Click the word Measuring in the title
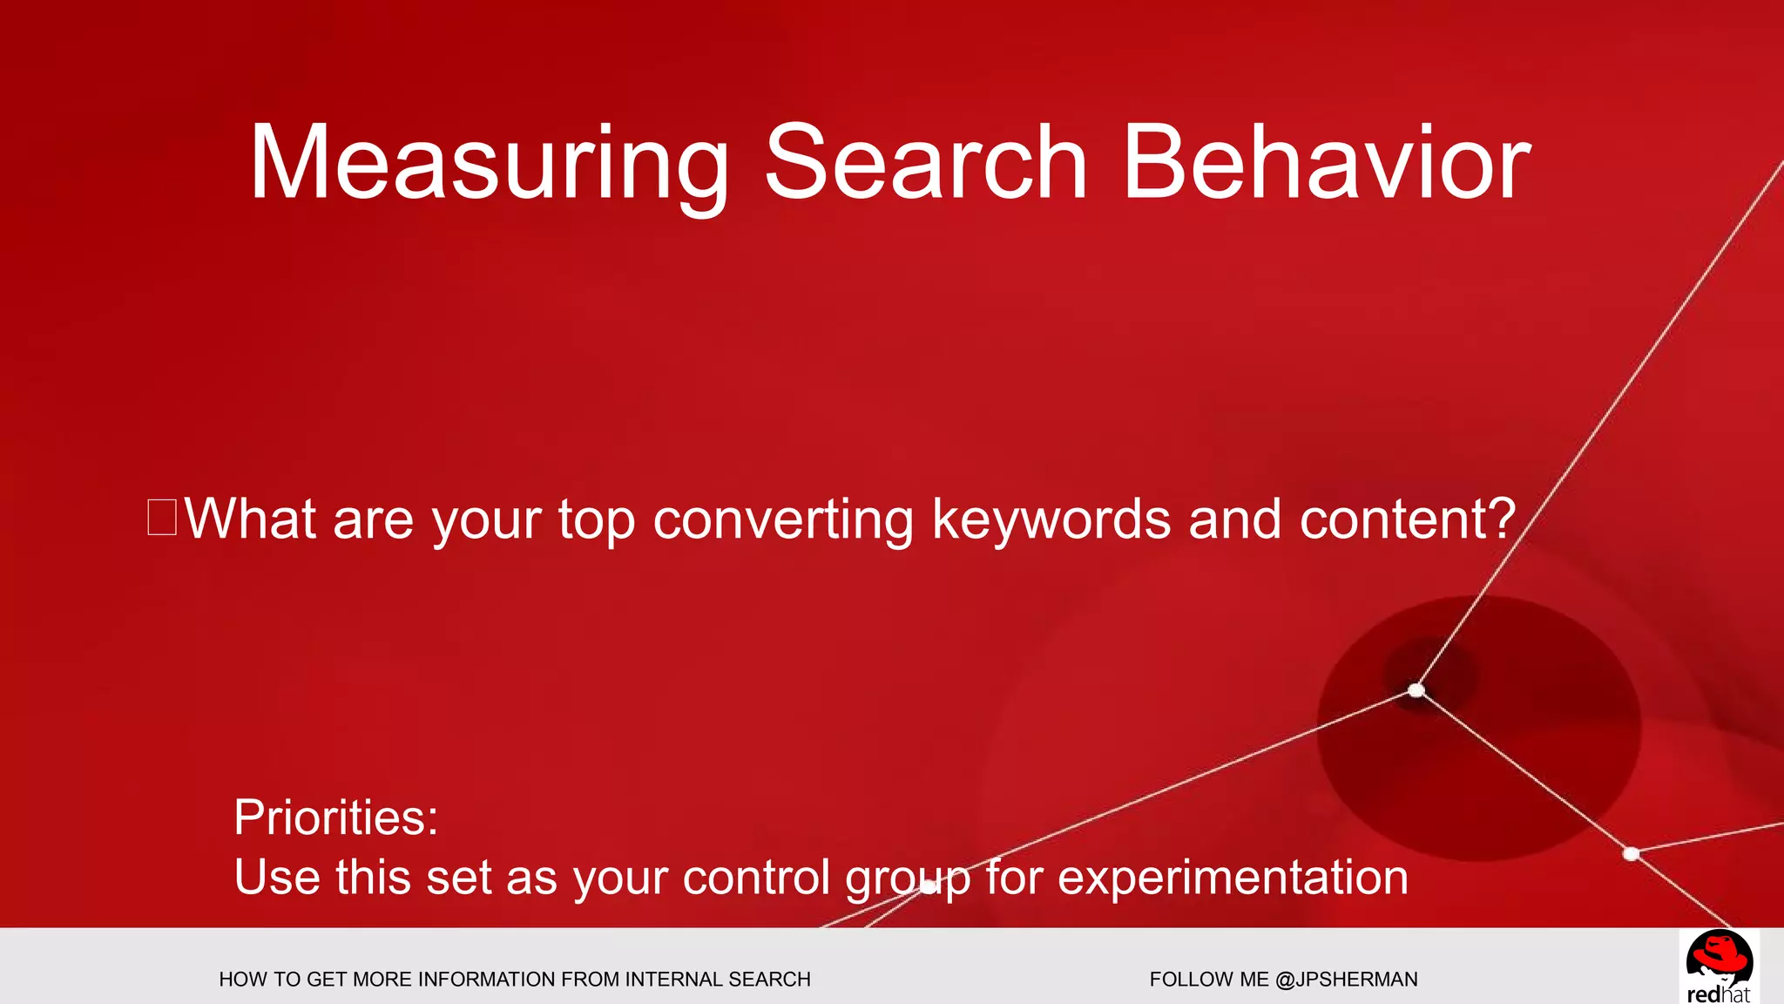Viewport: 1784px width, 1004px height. (x=489, y=164)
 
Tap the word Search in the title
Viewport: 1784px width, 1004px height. (x=926, y=164)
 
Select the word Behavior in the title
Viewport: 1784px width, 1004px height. (x=1326, y=164)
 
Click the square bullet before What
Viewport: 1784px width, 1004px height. (x=162, y=517)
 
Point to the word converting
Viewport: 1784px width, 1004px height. (x=783, y=520)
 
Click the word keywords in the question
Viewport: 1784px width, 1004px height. (x=1051, y=520)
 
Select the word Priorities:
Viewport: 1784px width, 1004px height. (x=336, y=817)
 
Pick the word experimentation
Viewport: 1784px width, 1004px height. (x=1233, y=878)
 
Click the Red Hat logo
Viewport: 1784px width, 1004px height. (x=1718, y=966)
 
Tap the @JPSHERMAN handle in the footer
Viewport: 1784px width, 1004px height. (x=1346, y=980)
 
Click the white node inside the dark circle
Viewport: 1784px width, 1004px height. (x=1416, y=691)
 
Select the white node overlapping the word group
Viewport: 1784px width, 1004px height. (x=929, y=886)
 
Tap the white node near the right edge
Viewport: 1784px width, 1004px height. (x=1632, y=854)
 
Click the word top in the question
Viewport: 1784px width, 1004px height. (x=597, y=520)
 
